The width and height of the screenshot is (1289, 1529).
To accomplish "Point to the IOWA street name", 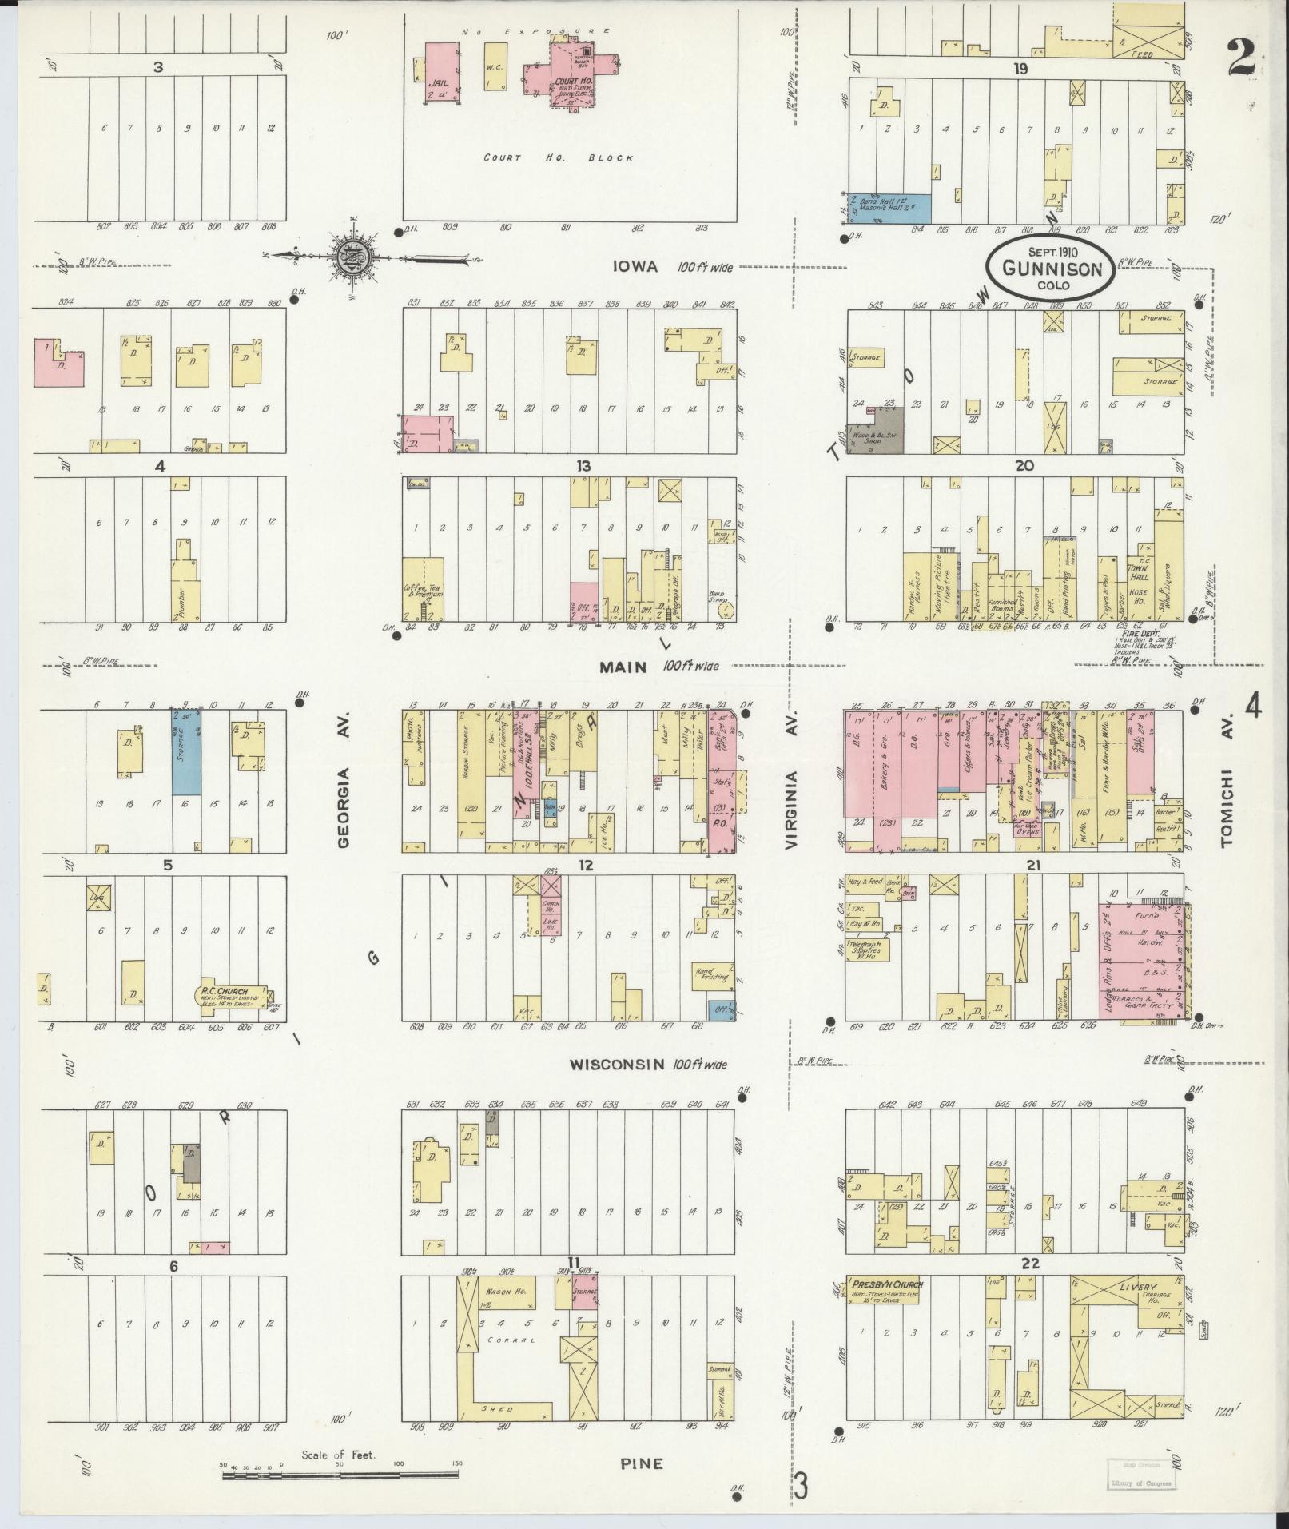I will pos(635,268).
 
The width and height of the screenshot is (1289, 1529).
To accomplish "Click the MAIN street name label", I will pos(623,666).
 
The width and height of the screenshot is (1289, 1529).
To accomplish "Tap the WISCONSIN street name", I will pos(616,1065).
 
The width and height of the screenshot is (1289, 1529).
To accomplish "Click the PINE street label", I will pos(642,1463).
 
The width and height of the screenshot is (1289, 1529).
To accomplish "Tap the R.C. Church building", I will pos(232,993).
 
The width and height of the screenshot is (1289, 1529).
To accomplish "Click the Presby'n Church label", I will pos(887,1285).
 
